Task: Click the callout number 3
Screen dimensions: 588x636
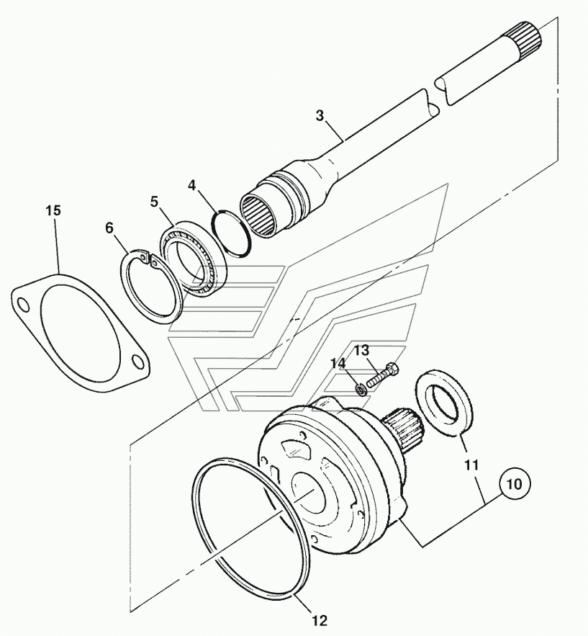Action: click(x=320, y=115)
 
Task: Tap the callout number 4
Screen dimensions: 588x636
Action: click(x=191, y=185)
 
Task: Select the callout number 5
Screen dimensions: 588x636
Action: click(x=154, y=202)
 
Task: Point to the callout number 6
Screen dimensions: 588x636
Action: click(x=109, y=228)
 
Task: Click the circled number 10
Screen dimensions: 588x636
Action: click(x=515, y=484)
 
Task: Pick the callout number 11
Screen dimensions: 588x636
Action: click(x=471, y=465)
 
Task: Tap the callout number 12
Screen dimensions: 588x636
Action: click(x=320, y=620)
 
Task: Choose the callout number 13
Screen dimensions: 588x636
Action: click(x=363, y=350)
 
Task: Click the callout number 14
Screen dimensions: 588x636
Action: click(x=338, y=363)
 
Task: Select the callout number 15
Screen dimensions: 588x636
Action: click(x=53, y=210)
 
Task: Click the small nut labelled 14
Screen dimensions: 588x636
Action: click(x=361, y=390)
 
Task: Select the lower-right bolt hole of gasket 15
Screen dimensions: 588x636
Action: click(x=138, y=362)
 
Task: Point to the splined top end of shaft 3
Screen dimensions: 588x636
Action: click(x=527, y=35)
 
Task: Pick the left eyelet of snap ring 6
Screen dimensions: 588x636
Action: click(x=140, y=256)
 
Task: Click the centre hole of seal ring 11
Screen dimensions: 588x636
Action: click(x=445, y=403)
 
